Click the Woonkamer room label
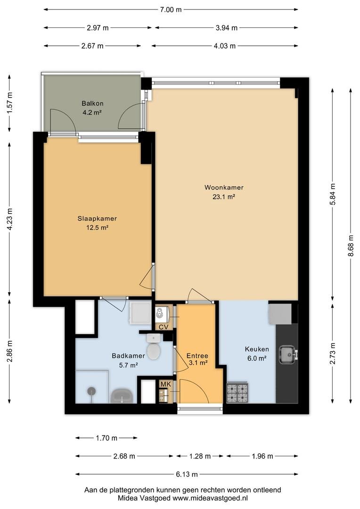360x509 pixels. pos(224,188)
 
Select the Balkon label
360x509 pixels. pos(92,104)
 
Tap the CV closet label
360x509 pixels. pos(164,327)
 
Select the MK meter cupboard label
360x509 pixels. pos(166,385)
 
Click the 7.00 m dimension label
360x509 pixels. pos(171,10)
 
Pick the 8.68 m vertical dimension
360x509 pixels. pos(351,246)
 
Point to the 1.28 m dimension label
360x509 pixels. pos(200,456)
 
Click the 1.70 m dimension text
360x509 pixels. pos(106,438)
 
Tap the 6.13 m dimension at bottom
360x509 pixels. pos(187,475)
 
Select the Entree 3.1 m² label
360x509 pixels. pos(197,359)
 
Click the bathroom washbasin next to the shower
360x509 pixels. pos(122,396)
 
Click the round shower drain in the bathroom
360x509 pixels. pos(92,391)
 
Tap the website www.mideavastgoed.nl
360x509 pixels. pos(210,498)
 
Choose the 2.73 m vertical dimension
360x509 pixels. pos(332,353)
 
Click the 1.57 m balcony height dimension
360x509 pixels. pos(10,103)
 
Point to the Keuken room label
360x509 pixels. pos(257,349)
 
